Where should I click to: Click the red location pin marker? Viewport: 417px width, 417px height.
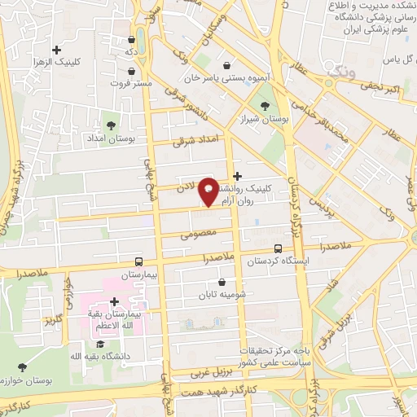(209, 191)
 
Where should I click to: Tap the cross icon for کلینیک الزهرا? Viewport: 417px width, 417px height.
(55, 50)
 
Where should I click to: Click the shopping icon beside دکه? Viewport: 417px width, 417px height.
(132, 37)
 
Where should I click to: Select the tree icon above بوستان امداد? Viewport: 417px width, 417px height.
(111, 125)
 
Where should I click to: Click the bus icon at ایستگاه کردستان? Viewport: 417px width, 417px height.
(279, 248)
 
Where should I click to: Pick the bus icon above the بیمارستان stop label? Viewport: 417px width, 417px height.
(138, 262)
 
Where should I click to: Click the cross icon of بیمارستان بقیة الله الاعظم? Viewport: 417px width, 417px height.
(114, 301)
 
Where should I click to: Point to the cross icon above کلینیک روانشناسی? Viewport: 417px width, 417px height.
(237, 175)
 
